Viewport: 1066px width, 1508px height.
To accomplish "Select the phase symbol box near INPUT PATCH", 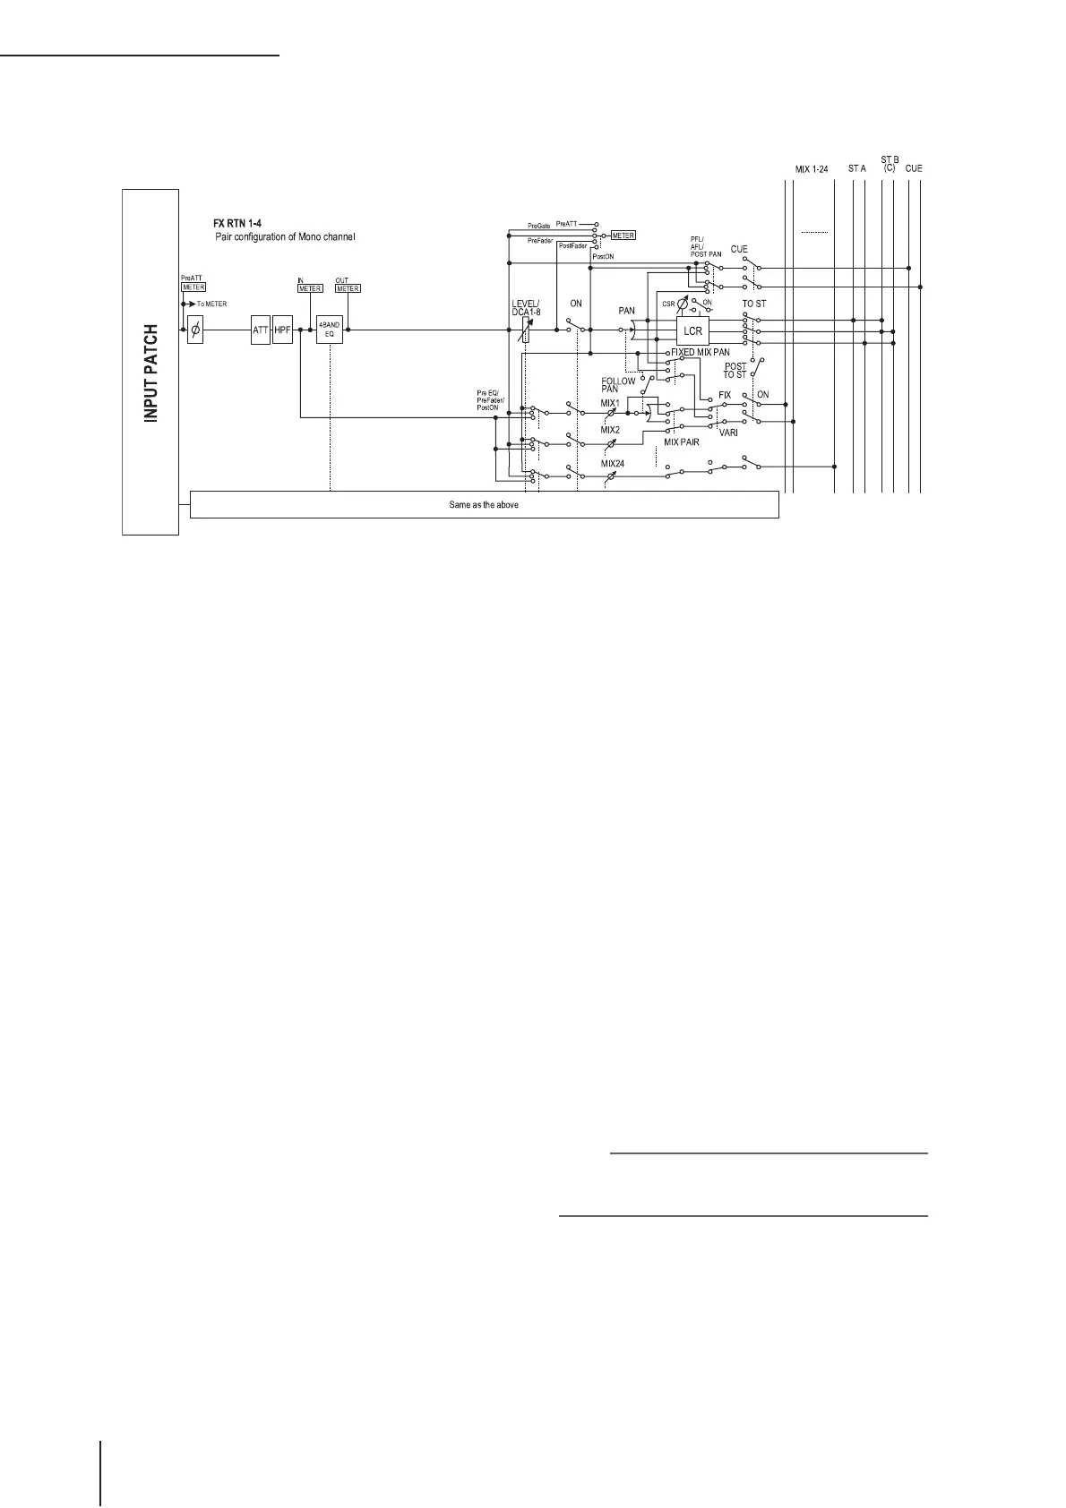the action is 195,330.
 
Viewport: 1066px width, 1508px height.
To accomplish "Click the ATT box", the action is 260,330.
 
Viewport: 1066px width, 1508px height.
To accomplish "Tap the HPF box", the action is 283,330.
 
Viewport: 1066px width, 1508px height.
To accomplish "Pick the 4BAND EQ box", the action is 329,330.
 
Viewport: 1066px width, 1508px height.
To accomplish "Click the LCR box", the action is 692,331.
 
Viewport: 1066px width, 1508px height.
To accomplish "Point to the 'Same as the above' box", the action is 484,505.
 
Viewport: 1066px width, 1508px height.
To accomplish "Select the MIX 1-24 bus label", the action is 812,168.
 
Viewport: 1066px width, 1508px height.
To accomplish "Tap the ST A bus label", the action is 857,168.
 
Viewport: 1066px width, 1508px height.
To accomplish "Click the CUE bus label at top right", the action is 914,168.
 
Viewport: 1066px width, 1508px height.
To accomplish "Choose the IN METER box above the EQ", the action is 310,288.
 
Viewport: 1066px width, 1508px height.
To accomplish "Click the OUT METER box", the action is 348,288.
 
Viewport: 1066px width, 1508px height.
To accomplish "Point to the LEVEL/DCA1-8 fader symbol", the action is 526,330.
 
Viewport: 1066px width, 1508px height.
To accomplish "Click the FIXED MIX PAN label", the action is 701,353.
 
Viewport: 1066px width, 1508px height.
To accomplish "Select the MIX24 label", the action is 612,464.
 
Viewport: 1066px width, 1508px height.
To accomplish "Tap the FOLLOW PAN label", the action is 618,385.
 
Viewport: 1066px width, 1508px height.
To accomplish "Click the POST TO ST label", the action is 735,370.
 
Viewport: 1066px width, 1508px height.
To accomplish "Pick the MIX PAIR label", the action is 682,442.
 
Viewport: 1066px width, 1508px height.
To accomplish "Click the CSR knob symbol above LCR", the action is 683,304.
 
